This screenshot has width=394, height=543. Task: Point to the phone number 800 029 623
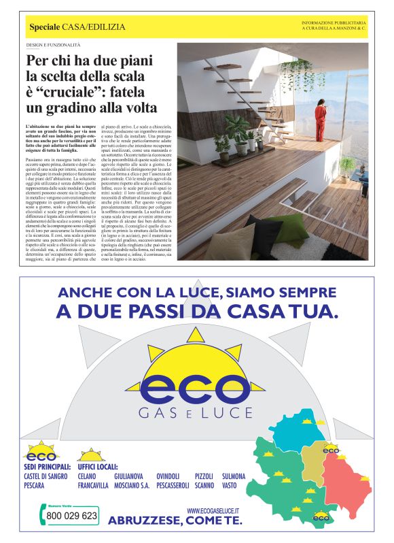click(71, 516)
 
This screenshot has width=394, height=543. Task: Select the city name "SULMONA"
click(232, 476)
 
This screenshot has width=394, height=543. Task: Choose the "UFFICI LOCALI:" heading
click(97, 467)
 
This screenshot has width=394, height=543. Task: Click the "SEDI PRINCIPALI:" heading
click(46, 467)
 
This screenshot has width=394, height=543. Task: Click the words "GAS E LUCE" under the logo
click(196, 412)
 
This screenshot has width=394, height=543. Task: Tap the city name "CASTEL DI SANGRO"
click(46, 476)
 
